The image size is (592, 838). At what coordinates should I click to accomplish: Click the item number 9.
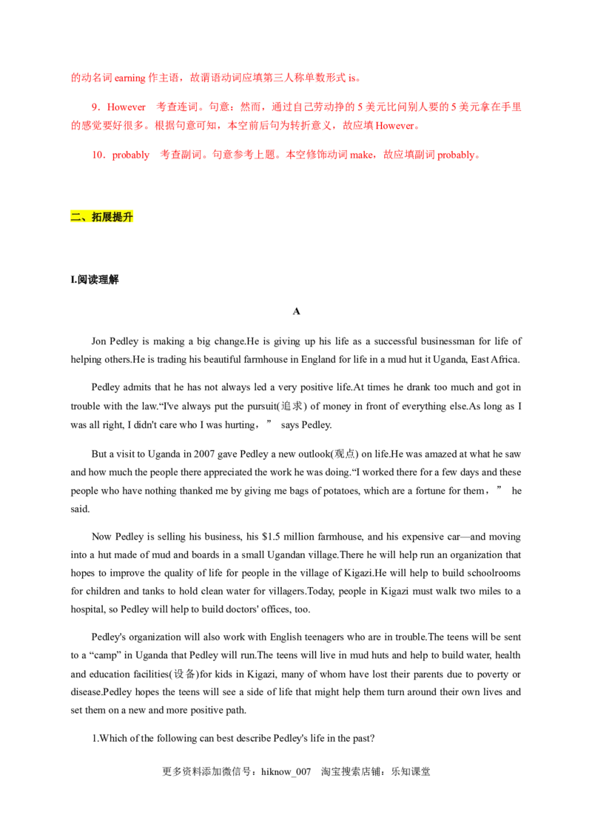94,107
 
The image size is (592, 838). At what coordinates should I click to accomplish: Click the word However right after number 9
127,107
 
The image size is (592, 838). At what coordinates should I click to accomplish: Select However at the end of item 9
395,126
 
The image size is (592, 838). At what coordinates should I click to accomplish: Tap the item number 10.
98,155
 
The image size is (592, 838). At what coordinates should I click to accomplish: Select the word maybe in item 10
360,155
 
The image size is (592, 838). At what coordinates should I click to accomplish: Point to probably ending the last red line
457,155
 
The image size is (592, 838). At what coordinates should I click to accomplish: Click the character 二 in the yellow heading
75,217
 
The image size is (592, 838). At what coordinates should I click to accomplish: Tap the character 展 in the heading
107,217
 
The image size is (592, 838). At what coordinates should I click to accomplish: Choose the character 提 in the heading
118,217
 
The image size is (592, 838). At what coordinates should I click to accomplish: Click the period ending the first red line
359,78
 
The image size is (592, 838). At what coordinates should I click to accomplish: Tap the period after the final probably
479,156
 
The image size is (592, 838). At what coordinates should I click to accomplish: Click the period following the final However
419,127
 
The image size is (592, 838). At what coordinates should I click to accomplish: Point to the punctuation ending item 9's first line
523,109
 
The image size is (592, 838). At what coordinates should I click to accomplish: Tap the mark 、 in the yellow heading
85,218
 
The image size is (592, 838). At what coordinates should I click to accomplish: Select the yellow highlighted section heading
101,217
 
